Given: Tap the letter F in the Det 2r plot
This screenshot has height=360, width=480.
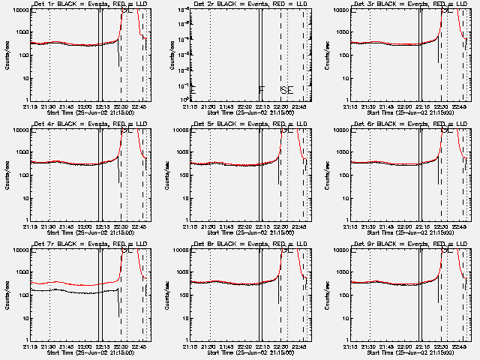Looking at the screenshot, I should (261, 91).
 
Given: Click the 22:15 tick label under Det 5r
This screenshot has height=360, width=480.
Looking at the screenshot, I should (262, 226).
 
